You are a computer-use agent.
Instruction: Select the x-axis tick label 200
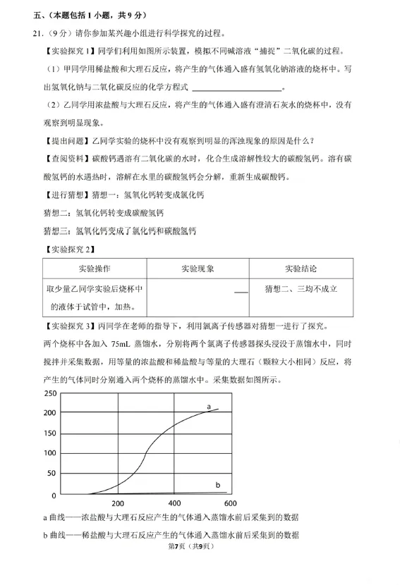tap(118, 504)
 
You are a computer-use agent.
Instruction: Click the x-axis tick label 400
tap(175, 504)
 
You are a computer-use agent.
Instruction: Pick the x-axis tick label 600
tap(231, 504)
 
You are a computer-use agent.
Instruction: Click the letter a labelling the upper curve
tap(210, 407)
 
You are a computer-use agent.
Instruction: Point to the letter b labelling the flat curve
tap(217, 485)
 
